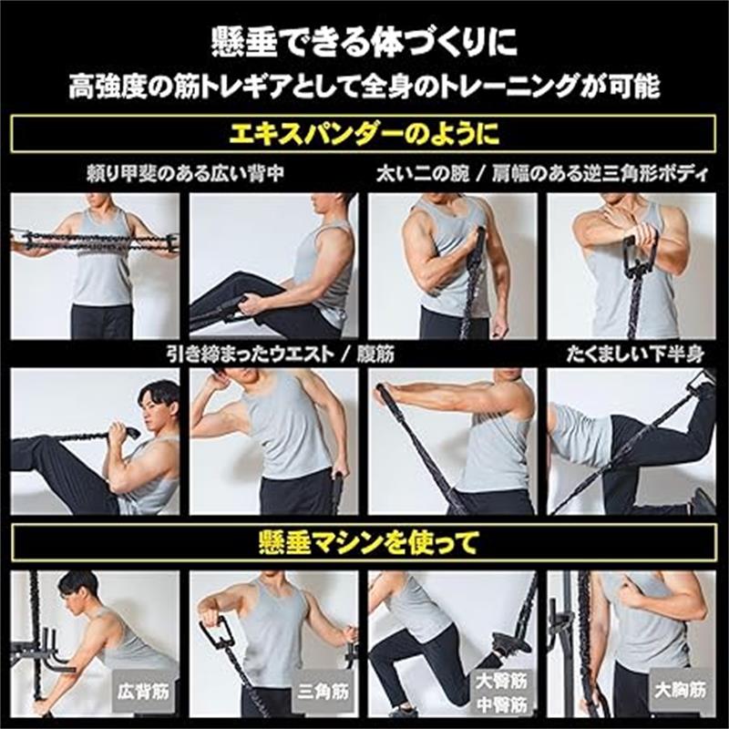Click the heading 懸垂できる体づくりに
pos(364,43)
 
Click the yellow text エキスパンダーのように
pos(364,133)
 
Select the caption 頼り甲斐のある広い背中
pos(185,173)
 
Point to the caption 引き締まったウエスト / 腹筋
pos(281,354)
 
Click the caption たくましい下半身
pos(635,354)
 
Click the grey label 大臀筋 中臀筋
pos(501,693)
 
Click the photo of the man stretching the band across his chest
pos(96,266)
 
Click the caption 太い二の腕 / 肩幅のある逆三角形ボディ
pos(542,173)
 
